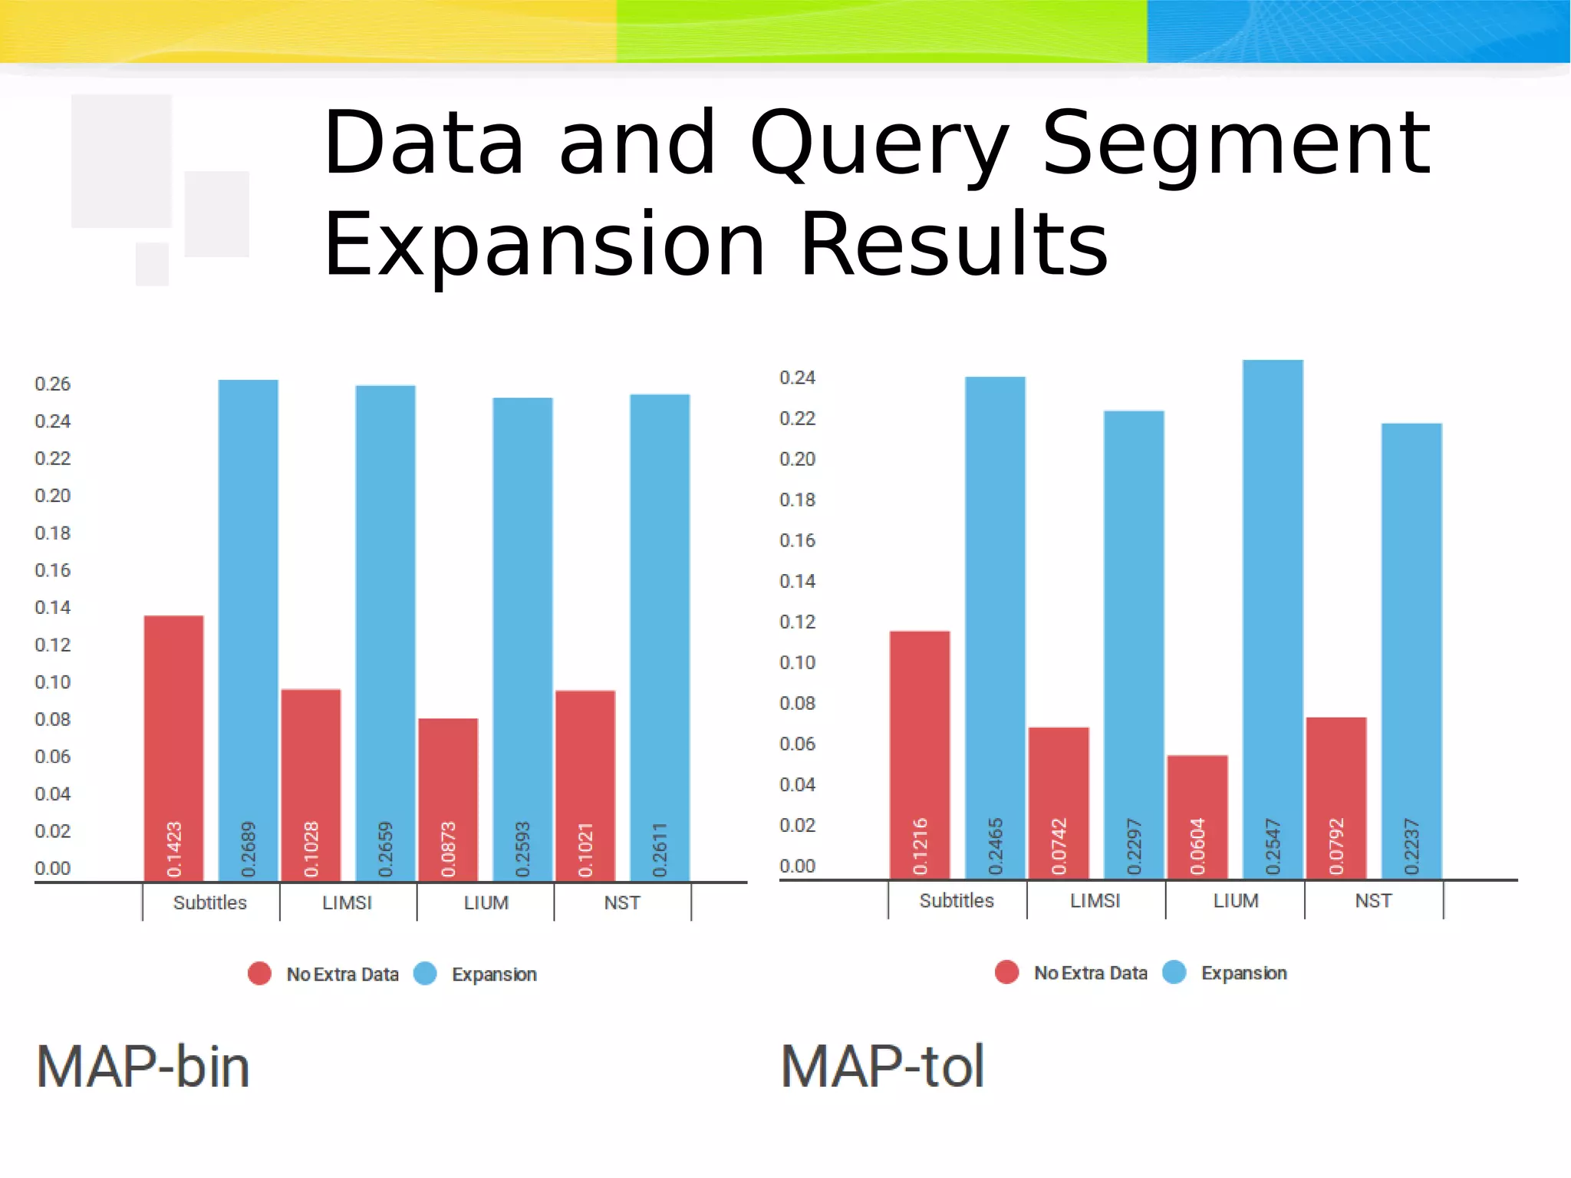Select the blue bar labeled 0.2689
[x=249, y=629]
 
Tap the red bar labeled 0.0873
[x=448, y=798]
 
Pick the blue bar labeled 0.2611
[x=660, y=637]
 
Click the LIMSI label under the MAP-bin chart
[x=347, y=902]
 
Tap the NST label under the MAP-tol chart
[x=1373, y=900]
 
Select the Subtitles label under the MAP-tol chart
[x=957, y=900]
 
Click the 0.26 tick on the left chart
[x=52, y=384]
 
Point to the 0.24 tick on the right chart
[x=797, y=378]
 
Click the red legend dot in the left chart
[x=259, y=974]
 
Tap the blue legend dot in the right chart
[x=1174, y=972]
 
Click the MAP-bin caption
[x=143, y=1067]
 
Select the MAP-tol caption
[x=883, y=1067]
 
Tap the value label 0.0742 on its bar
[x=1059, y=846]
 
